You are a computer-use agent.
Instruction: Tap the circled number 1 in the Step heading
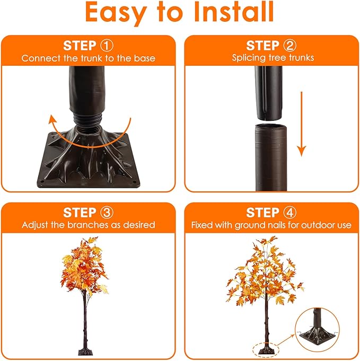pos(107,45)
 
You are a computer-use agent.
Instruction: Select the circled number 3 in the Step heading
pos(107,213)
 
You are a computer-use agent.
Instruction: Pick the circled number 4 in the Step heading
pos(289,213)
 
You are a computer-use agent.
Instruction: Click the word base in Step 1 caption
pos(144,57)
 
